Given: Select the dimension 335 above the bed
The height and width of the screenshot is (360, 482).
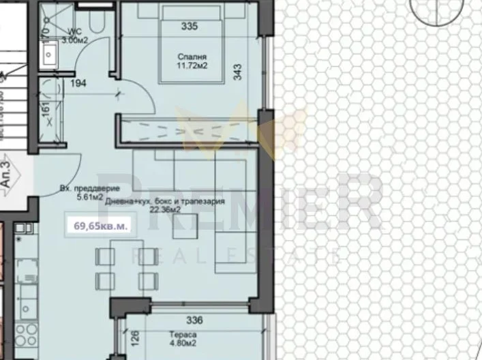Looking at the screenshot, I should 190,27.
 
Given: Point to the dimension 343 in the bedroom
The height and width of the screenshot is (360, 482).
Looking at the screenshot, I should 237,72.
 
